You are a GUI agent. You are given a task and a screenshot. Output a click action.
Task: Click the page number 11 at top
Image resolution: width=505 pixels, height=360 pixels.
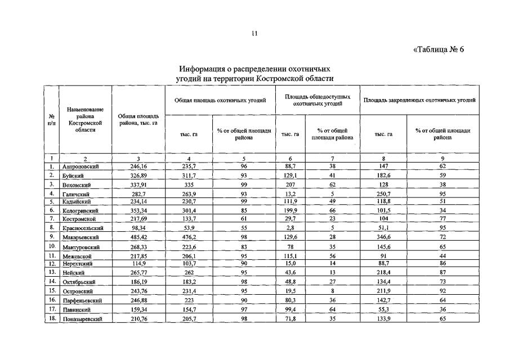254,34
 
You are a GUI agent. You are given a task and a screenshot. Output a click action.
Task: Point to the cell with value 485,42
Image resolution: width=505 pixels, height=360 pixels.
138,238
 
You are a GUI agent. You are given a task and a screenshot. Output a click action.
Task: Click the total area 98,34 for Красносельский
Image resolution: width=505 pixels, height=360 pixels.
138,229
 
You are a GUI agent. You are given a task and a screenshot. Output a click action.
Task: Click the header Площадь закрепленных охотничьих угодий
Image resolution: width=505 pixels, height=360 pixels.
419,100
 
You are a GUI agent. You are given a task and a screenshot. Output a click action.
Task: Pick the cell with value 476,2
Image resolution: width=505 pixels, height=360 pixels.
188,238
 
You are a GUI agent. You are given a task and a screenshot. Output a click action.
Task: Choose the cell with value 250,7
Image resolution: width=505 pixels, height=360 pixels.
383,193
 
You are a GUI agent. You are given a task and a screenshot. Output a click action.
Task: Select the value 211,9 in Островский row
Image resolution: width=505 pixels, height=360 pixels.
383,291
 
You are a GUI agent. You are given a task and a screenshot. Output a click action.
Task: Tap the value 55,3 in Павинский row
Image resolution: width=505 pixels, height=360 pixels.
383,309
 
